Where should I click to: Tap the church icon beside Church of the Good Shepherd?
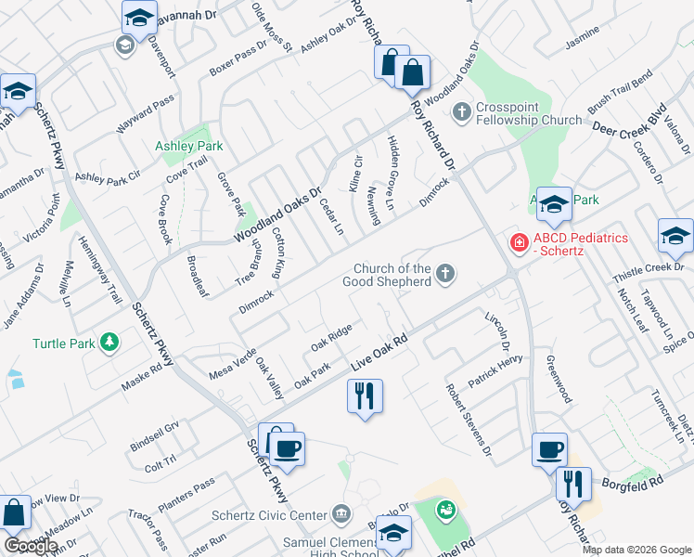446,273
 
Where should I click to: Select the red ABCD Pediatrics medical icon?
520,242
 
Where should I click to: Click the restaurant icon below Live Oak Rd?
365,396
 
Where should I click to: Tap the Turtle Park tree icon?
110,343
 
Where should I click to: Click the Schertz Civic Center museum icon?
341,513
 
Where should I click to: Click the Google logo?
31,546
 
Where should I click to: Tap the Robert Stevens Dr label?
468,419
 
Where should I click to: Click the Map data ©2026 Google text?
636,550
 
